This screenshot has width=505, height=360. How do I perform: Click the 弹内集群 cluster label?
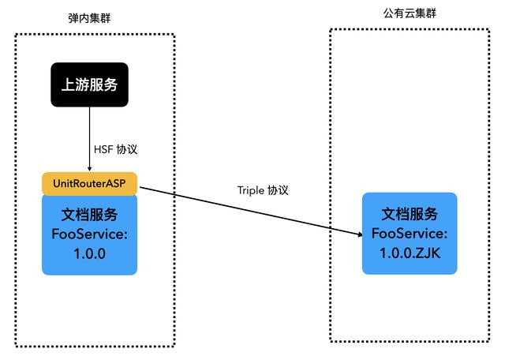[x=88, y=17]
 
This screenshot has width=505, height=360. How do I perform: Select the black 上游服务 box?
[x=89, y=84]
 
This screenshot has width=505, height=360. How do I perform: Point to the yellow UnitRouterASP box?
[x=89, y=183]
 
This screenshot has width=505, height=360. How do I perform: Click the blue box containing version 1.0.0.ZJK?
[x=410, y=233]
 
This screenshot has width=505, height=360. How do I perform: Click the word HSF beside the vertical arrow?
[x=103, y=149]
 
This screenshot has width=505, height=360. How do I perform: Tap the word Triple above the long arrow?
[x=252, y=191]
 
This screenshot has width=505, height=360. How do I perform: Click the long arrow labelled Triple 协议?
[x=245, y=209]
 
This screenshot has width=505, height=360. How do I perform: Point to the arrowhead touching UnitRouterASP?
[x=89, y=167]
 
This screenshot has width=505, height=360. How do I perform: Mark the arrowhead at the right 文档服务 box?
[x=357, y=233]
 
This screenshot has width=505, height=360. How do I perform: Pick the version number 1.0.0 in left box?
[x=89, y=253]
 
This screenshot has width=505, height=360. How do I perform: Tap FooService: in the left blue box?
[x=89, y=234]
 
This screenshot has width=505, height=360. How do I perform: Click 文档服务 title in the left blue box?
[x=89, y=215]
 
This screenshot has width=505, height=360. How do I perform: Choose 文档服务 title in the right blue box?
[x=410, y=214]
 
